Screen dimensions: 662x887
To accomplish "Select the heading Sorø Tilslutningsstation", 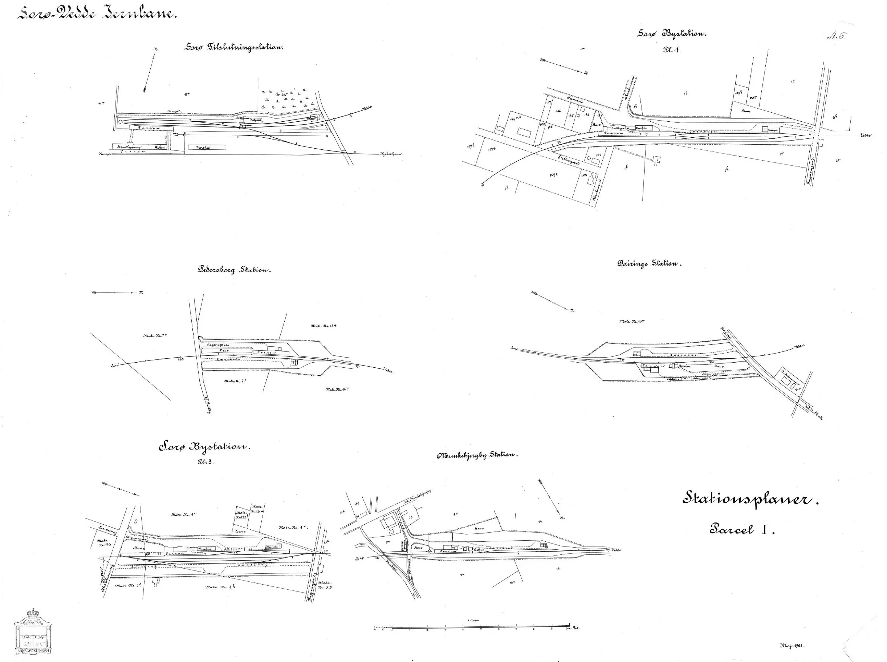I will pos(234,47).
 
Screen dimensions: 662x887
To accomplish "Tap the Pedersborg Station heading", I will pos(234,270).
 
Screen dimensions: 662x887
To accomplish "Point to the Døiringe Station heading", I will pos(649,264).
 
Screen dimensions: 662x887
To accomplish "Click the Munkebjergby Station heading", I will pos(478,456).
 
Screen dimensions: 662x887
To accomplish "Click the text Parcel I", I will pos(742,530).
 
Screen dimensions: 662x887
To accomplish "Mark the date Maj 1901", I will pos(792,646).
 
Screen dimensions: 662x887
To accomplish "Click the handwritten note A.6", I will pos(836,37).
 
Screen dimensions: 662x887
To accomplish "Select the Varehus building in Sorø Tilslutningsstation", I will pos(207,148).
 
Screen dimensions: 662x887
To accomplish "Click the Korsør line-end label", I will pos(105,153).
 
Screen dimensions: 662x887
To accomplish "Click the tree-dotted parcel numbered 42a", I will pos(284,95).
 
